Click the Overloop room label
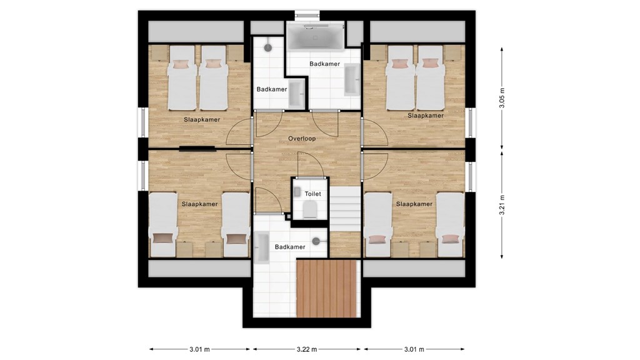[302, 139]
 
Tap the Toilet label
[312, 194]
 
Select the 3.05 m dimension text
[502, 98]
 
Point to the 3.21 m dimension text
[502, 205]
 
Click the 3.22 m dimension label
[306, 349]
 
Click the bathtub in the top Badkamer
[315, 37]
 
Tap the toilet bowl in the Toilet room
[310, 211]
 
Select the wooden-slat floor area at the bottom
[326, 289]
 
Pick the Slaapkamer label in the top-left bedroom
[202, 119]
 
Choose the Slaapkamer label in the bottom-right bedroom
[414, 204]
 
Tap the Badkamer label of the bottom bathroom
[290, 247]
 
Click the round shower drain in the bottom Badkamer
[316, 241]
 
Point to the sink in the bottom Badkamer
[262, 247]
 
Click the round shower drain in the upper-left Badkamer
[267, 47]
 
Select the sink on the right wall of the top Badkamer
[352, 79]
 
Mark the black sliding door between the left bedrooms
[197, 148]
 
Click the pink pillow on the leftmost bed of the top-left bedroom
[181, 64]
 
